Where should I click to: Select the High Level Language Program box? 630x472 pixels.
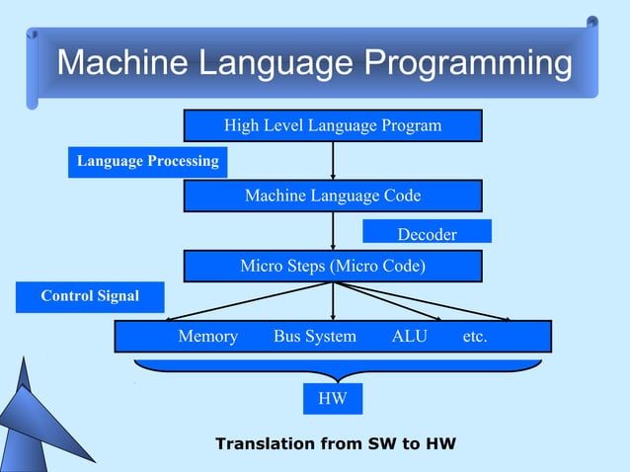coord(333,125)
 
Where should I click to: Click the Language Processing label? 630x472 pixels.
coord(148,161)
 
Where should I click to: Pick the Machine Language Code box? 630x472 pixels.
coord(333,196)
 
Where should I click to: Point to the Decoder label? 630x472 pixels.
coord(427,233)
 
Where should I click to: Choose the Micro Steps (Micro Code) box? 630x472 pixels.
coord(333,267)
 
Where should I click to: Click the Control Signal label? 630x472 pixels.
coord(90,296)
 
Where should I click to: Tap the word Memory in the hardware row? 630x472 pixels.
coord(207,337)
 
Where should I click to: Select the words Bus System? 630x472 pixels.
coord(315,337)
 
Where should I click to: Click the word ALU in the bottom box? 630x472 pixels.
coord(410,337)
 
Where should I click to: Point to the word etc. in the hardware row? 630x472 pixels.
coord(475,337)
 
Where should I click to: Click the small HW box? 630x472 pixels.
coord(333,399)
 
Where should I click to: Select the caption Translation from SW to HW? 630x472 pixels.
coord(336,443)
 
